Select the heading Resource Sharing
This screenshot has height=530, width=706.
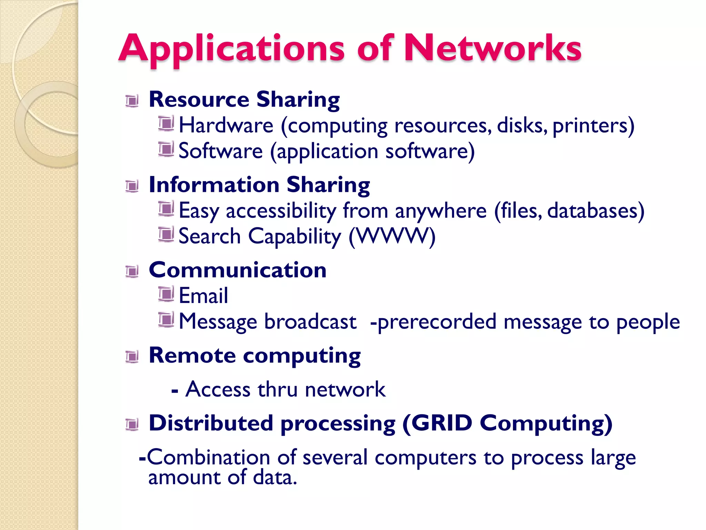(x=244, y=100)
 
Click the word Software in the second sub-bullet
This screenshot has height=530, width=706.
(x=221, y=151)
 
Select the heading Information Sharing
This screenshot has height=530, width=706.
(x=259, y=185)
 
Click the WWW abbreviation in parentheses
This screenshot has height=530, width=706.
(x=392, y=236)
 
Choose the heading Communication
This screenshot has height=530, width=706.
(x=238, y=270)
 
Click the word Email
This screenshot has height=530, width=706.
(x=203, y=296)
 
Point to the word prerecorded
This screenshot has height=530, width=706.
(x=437, y=322)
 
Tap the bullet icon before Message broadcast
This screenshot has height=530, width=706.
(x=166, y=320)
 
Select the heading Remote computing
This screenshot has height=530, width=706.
(x=254, y=356)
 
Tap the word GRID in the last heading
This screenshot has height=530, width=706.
(x=442, y=423)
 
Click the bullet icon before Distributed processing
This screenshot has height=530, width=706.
(x=132, y=424)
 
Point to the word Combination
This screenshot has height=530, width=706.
(x=208, y=458)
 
